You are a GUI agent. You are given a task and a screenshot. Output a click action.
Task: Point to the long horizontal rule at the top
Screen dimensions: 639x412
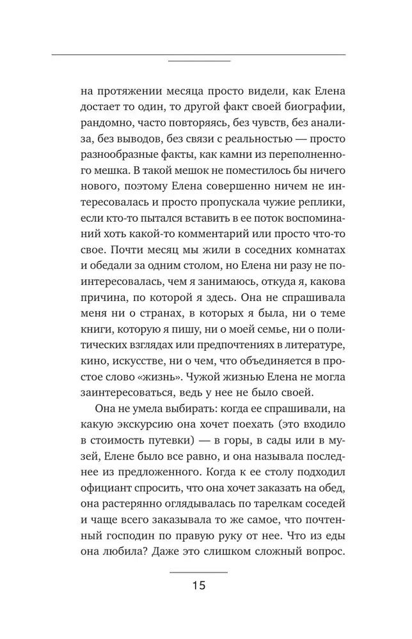198,55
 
